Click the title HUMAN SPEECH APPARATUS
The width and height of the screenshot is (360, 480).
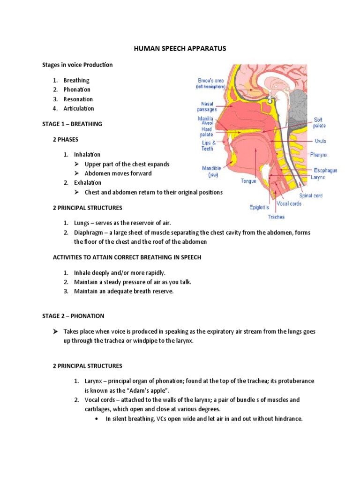pyautogui.click(x=180, y=48)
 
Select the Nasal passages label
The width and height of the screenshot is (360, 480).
pyautogui.click(x=207, y=106)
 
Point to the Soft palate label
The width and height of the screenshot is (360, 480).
pyautogui.click(x=320, y=123)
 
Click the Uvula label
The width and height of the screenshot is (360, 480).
pyautogui.click(x=321, y=141)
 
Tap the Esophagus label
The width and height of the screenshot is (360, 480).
pyautogui.click(x=325, y=171)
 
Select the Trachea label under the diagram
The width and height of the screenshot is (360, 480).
pyautogui.click(x=276, y=217)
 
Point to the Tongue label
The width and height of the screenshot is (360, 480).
pyautogui.click(x=248, y=180)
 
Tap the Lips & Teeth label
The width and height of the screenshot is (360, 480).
pyautogui.click(x=207, y=145)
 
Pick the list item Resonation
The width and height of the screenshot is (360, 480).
pyautogui.click(x=78, y=99)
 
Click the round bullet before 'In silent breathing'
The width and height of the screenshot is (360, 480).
pyautogui.click(x=96, y=419)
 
